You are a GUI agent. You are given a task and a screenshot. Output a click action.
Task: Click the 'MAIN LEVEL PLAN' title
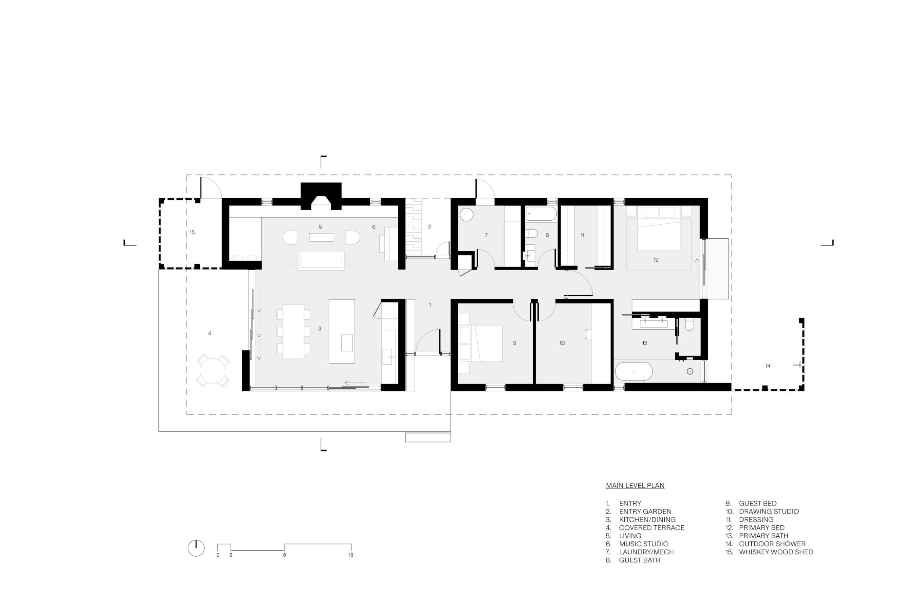(635, 486)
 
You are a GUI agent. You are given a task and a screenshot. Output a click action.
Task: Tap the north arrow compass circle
(196, 548)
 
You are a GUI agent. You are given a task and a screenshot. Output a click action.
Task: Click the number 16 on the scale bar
(351, 555)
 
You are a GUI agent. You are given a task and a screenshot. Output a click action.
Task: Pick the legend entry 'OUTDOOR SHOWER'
(772, 544)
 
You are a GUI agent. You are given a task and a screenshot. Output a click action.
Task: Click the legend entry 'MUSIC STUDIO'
(644, 544)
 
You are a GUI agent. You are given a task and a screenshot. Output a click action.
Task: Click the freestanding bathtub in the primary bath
(634, 372)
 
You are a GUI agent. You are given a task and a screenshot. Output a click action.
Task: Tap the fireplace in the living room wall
(321, 196)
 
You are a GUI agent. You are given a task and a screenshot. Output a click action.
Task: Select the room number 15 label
(192, 232)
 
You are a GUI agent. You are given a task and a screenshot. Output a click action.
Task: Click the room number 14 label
(767, 366)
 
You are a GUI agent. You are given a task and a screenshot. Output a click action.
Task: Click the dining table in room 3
(293, 332)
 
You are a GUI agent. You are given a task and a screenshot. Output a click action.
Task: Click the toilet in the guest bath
(531, 234)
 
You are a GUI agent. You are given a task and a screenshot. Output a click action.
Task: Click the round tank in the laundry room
(467, 214)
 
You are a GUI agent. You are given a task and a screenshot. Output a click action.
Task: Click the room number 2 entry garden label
(429, 227)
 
